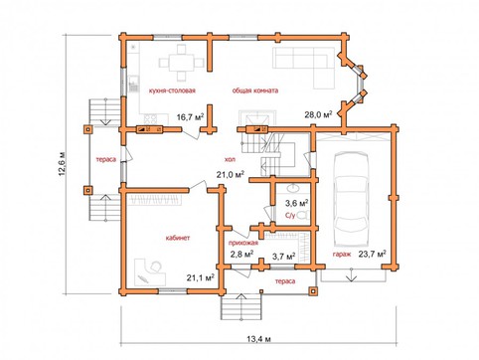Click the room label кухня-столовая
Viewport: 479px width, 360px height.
point(172,90)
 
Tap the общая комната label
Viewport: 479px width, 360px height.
point(255,90)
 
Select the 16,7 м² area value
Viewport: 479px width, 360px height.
point(190,116)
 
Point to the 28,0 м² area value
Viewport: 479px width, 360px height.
point(318,114)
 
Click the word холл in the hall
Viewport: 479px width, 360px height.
point(231,159)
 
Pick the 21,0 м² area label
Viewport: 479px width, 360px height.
point(231,174)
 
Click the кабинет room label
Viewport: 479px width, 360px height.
point(178,238)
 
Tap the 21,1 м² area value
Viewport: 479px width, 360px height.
point(201,277)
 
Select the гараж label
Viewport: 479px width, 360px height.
point(341,255)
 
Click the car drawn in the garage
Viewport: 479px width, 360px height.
point(351,199)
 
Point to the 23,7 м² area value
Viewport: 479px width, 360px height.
point(372,254)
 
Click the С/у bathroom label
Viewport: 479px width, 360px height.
point(290,216)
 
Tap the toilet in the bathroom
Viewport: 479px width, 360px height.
point(303,215)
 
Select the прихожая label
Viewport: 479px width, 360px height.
point(243,243)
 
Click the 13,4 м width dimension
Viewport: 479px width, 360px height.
point(259,339)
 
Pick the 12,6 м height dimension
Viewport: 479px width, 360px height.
point(63,164)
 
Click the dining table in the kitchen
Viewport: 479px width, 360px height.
point(182,63)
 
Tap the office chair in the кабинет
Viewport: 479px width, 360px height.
point(155,267)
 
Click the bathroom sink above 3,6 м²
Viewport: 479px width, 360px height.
point(293,189)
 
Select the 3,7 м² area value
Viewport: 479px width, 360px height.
point(284,257)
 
